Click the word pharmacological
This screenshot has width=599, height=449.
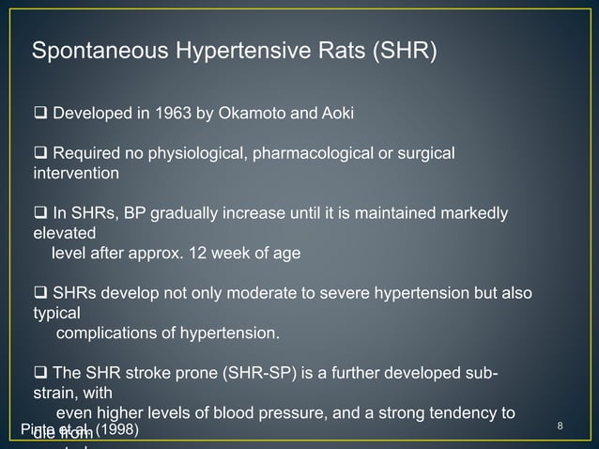pos(297,153)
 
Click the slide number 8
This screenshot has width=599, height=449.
pos(560,429)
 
